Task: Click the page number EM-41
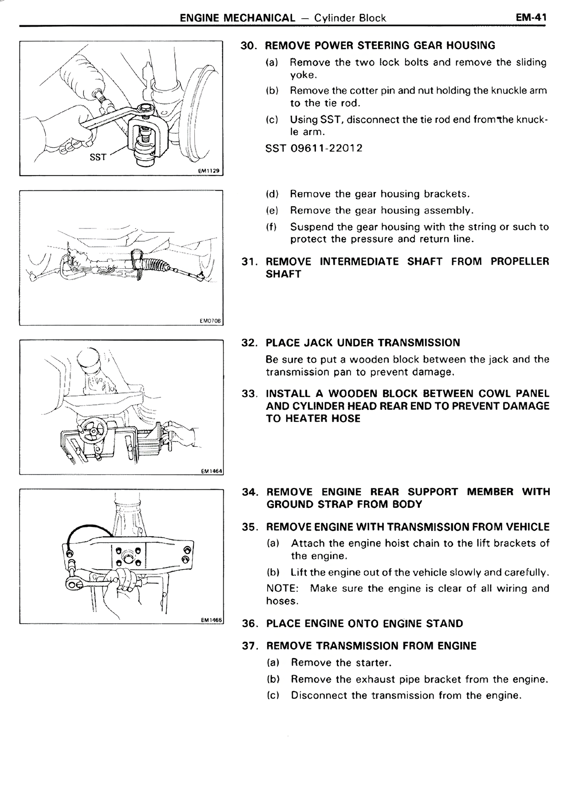click(x=531, y=17)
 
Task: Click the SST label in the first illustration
click(x=98, y=157)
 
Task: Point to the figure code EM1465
click(x=211, y=619)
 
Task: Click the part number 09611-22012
click(x=326, y=148)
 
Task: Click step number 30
click(x=249, y=46)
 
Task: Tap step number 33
click(x=250, y=394)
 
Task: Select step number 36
click(x=250, y=624)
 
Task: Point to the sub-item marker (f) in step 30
click(x=271, y=227)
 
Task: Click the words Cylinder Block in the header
click(x=350, y=18)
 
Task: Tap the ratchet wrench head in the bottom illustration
click(x=75, y=585)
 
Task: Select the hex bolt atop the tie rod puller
click(x=146, y=108)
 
